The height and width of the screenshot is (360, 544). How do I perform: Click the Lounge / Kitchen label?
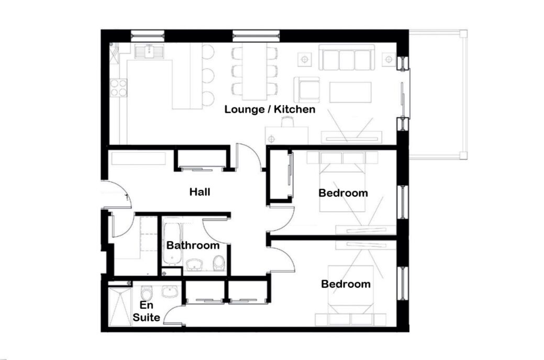270,109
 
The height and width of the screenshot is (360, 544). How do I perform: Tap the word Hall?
200,192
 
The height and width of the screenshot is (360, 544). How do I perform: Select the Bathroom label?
193,245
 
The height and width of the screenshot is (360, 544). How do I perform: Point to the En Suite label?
147,311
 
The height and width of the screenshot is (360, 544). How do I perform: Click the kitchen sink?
150,51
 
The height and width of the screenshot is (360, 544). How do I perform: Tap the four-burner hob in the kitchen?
118,87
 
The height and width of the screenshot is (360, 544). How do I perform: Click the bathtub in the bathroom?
172,243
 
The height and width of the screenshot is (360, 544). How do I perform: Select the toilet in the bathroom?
219,263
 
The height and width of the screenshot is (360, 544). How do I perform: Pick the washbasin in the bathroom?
196,265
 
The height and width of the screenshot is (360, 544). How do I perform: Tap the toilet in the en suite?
147,292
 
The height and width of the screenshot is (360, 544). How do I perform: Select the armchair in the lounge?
307,90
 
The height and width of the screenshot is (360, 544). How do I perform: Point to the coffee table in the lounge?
350,92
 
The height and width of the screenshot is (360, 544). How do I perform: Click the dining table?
254,72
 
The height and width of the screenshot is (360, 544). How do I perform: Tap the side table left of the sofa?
305,59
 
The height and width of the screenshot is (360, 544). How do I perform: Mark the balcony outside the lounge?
438,95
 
